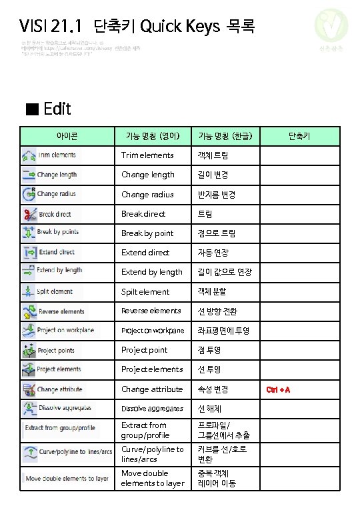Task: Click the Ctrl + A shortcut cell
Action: (278, 389)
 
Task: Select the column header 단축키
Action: (299, 136)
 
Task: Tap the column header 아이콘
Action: (67, 136)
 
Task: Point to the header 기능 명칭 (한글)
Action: (225, 136)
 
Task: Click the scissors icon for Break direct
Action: (29, 214)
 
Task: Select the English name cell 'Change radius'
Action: (147, 195)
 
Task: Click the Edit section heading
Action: (49, 109)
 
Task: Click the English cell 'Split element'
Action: (145, 292)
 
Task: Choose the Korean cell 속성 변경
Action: (213, 389)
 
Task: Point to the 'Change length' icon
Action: (29, 175)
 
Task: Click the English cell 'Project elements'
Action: (152, 369)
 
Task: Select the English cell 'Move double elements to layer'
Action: (153, 478)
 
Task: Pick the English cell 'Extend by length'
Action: (151, 272)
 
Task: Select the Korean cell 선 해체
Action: (211, 408)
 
